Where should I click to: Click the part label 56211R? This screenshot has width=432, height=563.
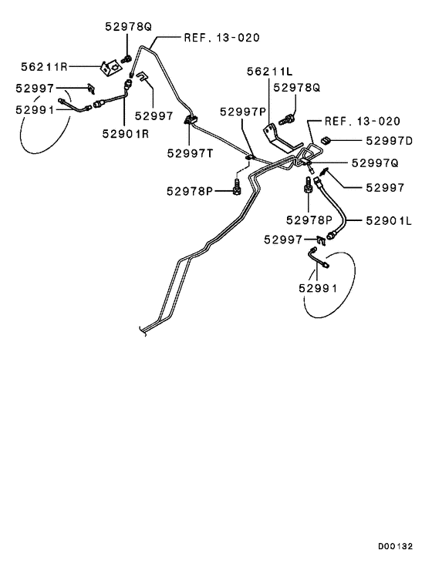(x=44, y=67)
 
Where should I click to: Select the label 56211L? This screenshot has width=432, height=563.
(x=269, y=72)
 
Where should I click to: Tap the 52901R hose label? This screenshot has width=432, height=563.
(x=125, y=133)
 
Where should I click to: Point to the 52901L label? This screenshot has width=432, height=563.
(x=389, y=220)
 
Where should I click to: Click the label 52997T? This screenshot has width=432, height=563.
(x=190, y=153)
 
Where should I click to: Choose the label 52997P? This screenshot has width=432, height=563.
(x=243, y=112)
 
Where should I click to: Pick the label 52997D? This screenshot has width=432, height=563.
(x=390, y=141)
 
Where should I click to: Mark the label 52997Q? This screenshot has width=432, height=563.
(x=375, y=163)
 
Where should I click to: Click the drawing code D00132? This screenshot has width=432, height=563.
(x=395, y=547)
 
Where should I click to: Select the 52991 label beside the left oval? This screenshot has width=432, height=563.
(x=35, y=110)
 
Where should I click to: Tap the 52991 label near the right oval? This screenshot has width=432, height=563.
(x=318, y=288)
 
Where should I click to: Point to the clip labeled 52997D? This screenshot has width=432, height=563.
(x=326, y=140)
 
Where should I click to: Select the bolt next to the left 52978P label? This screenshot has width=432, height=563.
(x=236, y=187)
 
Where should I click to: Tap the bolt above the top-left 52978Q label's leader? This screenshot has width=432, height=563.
(x=127, y=59)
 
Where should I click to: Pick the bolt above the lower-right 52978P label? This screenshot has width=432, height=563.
(x=309, y=184)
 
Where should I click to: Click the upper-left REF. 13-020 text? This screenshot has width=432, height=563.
(x=222, y=38)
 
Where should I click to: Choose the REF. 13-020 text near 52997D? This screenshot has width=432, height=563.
(x=363, y=121)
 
